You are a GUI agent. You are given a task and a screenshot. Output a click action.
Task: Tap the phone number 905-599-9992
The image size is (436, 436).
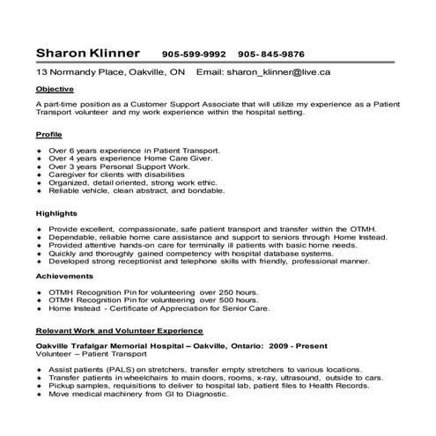[194, 54]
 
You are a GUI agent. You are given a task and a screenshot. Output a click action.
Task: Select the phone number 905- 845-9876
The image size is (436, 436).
[271, 54]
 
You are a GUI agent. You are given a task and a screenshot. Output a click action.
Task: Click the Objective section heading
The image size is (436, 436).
[55, 90]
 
